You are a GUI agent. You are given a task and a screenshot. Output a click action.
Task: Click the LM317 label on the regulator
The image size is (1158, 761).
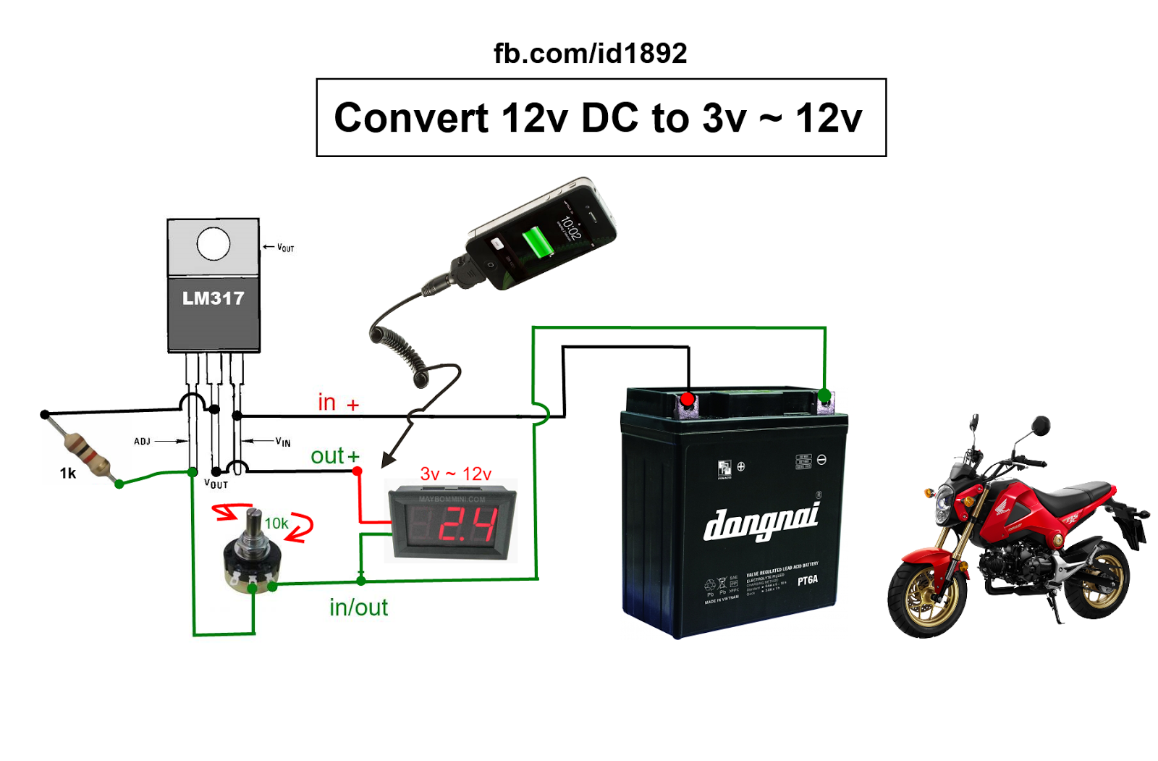(213, 298)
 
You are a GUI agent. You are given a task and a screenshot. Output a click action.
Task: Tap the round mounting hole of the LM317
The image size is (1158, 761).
(214, 244)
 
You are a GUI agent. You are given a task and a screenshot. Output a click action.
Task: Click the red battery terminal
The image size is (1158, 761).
(688, 399)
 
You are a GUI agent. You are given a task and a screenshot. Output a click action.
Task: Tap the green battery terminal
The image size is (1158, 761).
(824, 395)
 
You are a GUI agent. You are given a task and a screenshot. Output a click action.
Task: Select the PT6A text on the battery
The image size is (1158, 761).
(807, 581)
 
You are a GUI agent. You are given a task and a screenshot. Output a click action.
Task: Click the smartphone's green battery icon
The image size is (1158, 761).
(537, 241)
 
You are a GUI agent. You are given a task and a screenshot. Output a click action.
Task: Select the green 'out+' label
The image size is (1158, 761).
(334, 456)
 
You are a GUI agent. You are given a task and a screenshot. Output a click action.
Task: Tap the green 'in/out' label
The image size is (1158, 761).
(358, 607)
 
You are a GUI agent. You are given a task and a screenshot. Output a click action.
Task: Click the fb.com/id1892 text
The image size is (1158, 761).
(590, 54)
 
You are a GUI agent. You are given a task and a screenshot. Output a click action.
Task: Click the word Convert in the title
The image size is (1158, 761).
(411, 118)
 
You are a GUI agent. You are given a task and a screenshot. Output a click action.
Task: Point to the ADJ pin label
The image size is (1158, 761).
(142, 441)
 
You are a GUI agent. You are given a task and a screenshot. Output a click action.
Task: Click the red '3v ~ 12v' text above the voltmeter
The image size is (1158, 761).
(455, 474)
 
